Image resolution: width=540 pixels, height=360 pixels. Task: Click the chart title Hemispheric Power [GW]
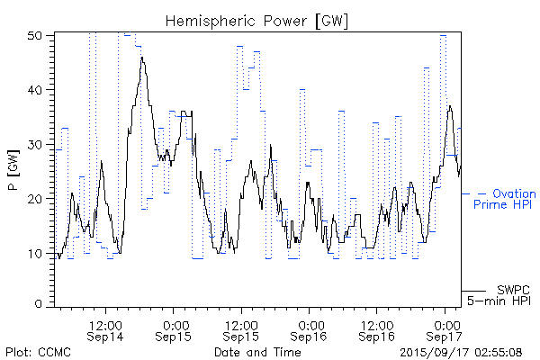(257, 20)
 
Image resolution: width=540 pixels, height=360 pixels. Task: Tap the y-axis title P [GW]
(13, 168)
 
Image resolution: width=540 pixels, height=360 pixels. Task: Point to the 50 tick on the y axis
(35, 36)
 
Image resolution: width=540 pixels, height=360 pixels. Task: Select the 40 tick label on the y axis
(35, 90)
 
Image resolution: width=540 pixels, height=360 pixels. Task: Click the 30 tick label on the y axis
(35, 144)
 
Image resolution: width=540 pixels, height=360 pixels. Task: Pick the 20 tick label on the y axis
(35, 198)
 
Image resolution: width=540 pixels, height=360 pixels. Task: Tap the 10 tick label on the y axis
(35, 253)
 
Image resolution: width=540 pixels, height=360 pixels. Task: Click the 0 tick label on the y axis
(39, 304)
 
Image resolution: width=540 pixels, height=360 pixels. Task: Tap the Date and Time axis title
(257, 351)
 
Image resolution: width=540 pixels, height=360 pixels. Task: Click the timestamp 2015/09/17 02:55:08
(461, 351)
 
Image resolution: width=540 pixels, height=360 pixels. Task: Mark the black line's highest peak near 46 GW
(142, 58)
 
